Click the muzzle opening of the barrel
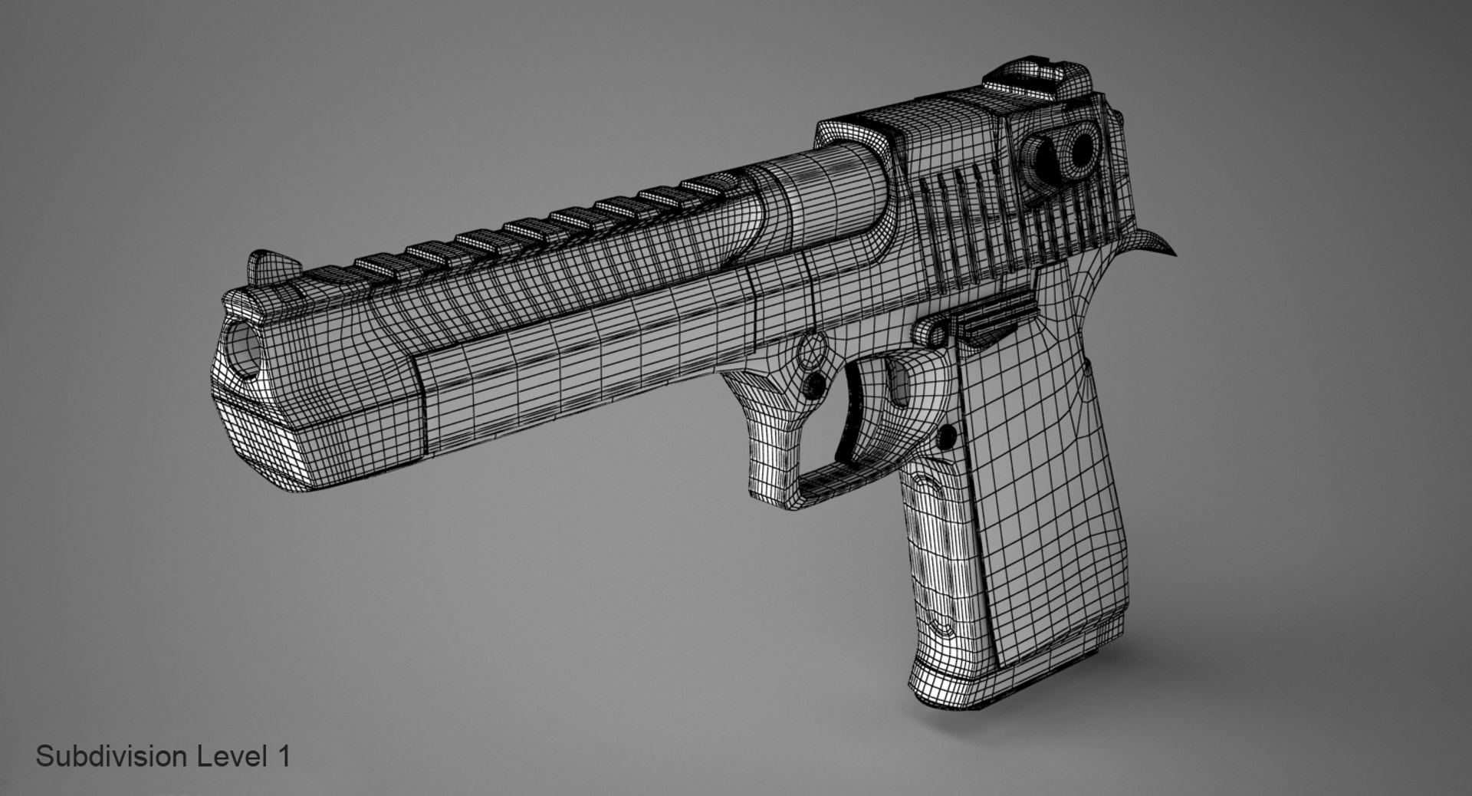[x=244, y=349]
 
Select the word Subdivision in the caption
[x=111, y=757]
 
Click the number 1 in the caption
[x=283, y=757]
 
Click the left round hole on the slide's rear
[x=1046, y=156]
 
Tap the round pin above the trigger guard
[x=807, y=351]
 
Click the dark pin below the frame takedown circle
[x=817, y=383]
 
